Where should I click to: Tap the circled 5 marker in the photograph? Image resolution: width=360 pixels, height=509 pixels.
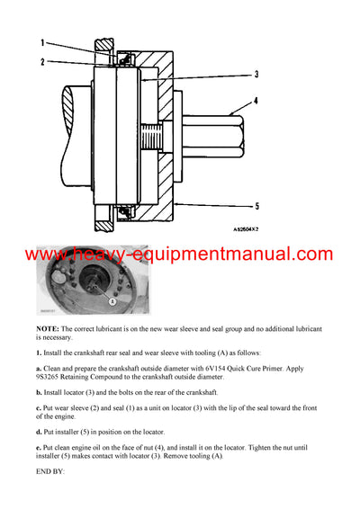pyautogui.click(x=112, y=302)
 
